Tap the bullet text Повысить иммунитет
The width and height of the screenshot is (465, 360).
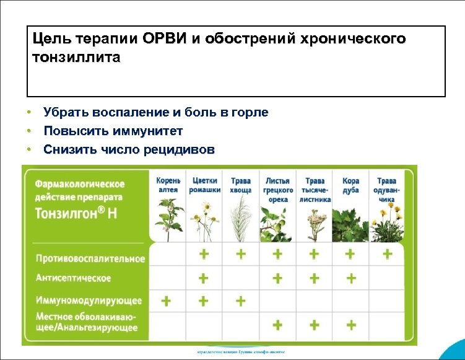(113, 131)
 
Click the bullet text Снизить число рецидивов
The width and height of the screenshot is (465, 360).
(129, 149)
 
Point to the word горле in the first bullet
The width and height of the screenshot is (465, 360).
(249, 112)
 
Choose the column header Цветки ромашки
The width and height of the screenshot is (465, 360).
(204, 185)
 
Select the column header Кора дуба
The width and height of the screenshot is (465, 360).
(350, 185)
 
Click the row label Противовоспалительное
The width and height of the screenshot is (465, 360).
(90, 258)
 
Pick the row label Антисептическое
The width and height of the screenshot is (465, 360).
(73, 278)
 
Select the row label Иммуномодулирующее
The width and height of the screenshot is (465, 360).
(89, 301)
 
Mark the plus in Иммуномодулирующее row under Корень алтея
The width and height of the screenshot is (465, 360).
(167, 301)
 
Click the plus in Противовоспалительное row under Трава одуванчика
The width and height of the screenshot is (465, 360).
(387, 254)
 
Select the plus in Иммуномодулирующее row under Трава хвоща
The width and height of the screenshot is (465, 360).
(240, 301)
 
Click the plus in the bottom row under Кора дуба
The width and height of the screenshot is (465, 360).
(350, 324)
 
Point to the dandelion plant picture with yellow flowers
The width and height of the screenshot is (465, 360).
(387, 222)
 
